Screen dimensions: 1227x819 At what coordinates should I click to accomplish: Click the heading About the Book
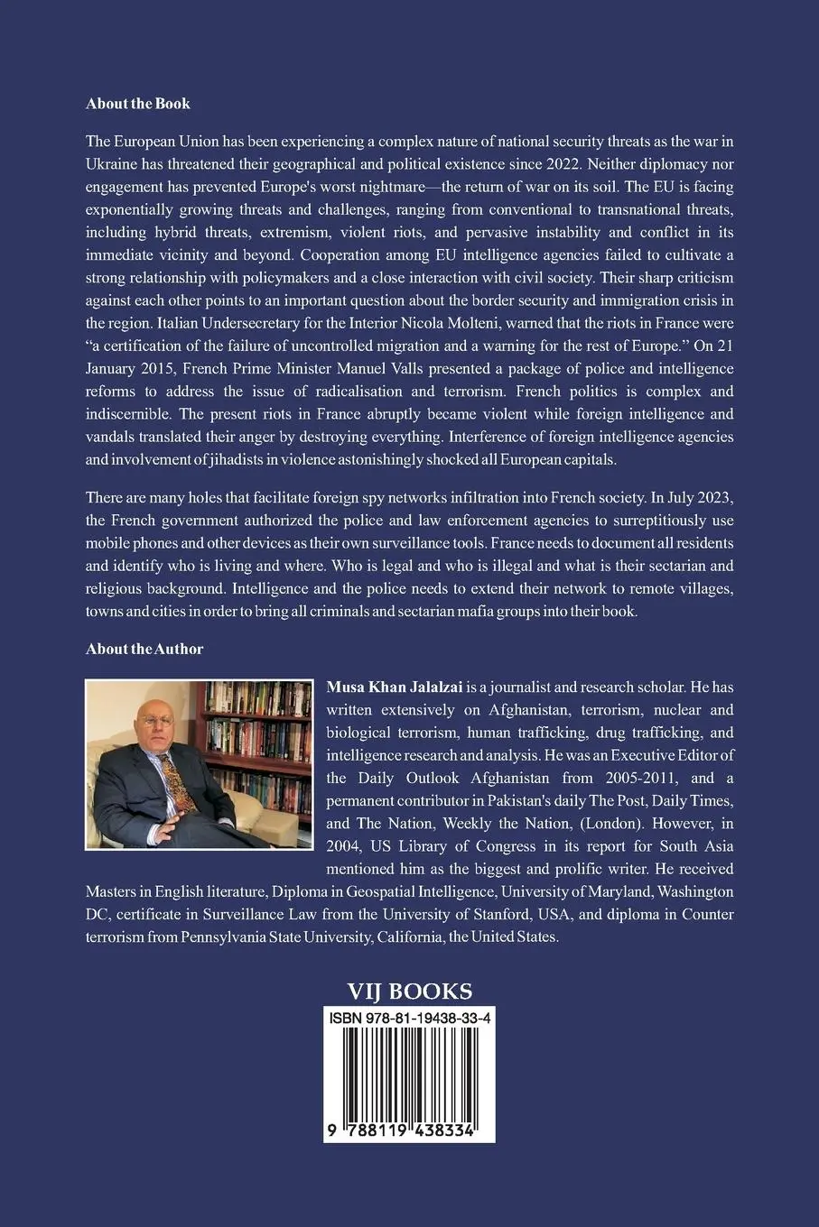[138, 104]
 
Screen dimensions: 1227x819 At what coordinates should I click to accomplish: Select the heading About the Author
[144, 649]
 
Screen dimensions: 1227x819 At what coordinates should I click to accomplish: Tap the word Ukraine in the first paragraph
[111, 163]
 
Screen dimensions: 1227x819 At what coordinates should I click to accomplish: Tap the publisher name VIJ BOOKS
[410, 992]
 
